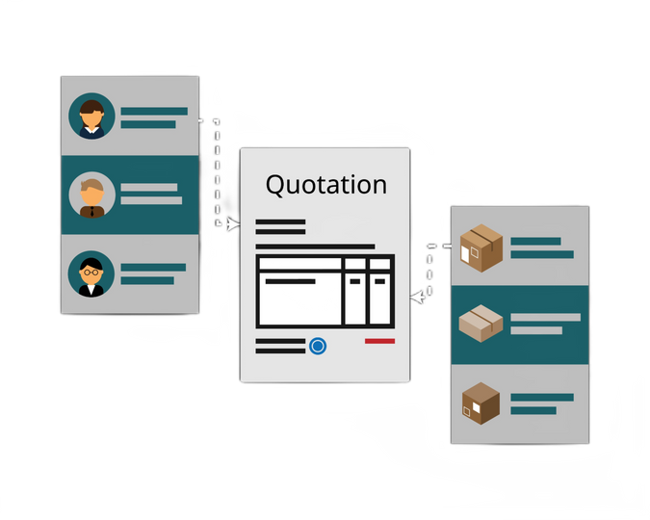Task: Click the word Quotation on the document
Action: [325, 184]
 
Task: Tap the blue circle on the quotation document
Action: [318, 346]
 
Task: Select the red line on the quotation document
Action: [379, 341]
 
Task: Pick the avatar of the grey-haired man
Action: [92, 195]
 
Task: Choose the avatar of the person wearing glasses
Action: [92, 273]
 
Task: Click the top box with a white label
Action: [482, 247]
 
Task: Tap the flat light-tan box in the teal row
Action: [481, 325]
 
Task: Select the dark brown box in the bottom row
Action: [481, 403]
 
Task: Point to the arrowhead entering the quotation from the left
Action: [233, 224]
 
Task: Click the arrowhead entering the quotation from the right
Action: [416, 298]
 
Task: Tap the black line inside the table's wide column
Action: [290, 281]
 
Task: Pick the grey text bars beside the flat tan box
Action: [544, 324]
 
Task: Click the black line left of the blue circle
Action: [280, 345]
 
